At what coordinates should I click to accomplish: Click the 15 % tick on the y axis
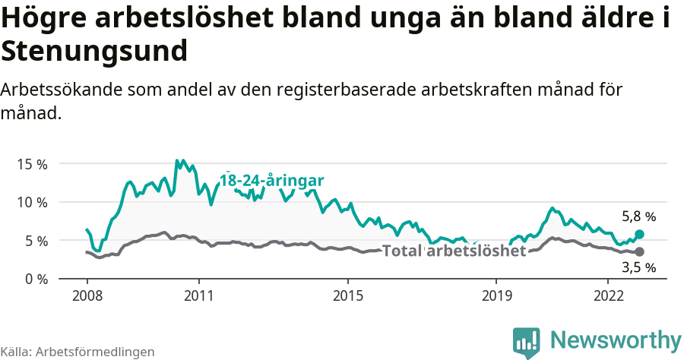pyautogui.click(x=31, y=164)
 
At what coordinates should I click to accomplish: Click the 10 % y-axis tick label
pyautogui.click(x=31, y=202)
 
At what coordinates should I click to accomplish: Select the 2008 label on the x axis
pyautogui.click(x=87, y=295)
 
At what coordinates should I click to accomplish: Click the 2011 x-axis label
pyautogui.click(x=198, y=295)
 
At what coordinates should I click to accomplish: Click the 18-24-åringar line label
pyautogui.click(x=272, y=181)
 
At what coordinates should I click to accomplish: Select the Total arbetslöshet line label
pyautogui.click(x=454, y=251)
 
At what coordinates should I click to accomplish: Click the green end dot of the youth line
pyautogui.click(x=639, y=235)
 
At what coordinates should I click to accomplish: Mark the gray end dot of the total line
pyautogui.click(x=639, y=251)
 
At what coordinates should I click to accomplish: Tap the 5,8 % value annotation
pyautogui.click(x=638, y=216)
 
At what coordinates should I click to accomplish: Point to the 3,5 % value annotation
pyautogui.click(x=638, y=267)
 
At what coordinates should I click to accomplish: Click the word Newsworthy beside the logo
pyautogui.click(x=616, y=339)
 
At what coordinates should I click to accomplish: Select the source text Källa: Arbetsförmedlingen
pyautogui.click(x=78, y=352)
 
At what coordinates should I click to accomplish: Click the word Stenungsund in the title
pyautogui.click(x=94, y=52)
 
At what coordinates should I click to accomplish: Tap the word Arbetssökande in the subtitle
pyautogui.click(x=58, y=90)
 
